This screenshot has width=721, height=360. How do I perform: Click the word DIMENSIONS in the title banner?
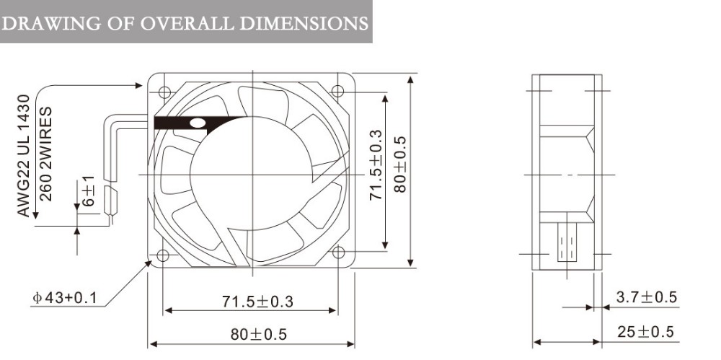[304, 23]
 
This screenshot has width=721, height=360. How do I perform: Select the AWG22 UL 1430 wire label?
[24, 156]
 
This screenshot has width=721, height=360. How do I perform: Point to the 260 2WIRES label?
[45, 154]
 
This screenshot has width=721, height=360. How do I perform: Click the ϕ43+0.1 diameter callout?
[64, 298]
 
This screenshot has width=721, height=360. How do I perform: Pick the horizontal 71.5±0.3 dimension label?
[257, 302]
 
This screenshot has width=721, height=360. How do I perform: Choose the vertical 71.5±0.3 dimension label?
[376, 164]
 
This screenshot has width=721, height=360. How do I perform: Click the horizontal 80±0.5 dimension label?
[258, 334]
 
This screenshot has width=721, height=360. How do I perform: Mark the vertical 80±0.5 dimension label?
[400, 164]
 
